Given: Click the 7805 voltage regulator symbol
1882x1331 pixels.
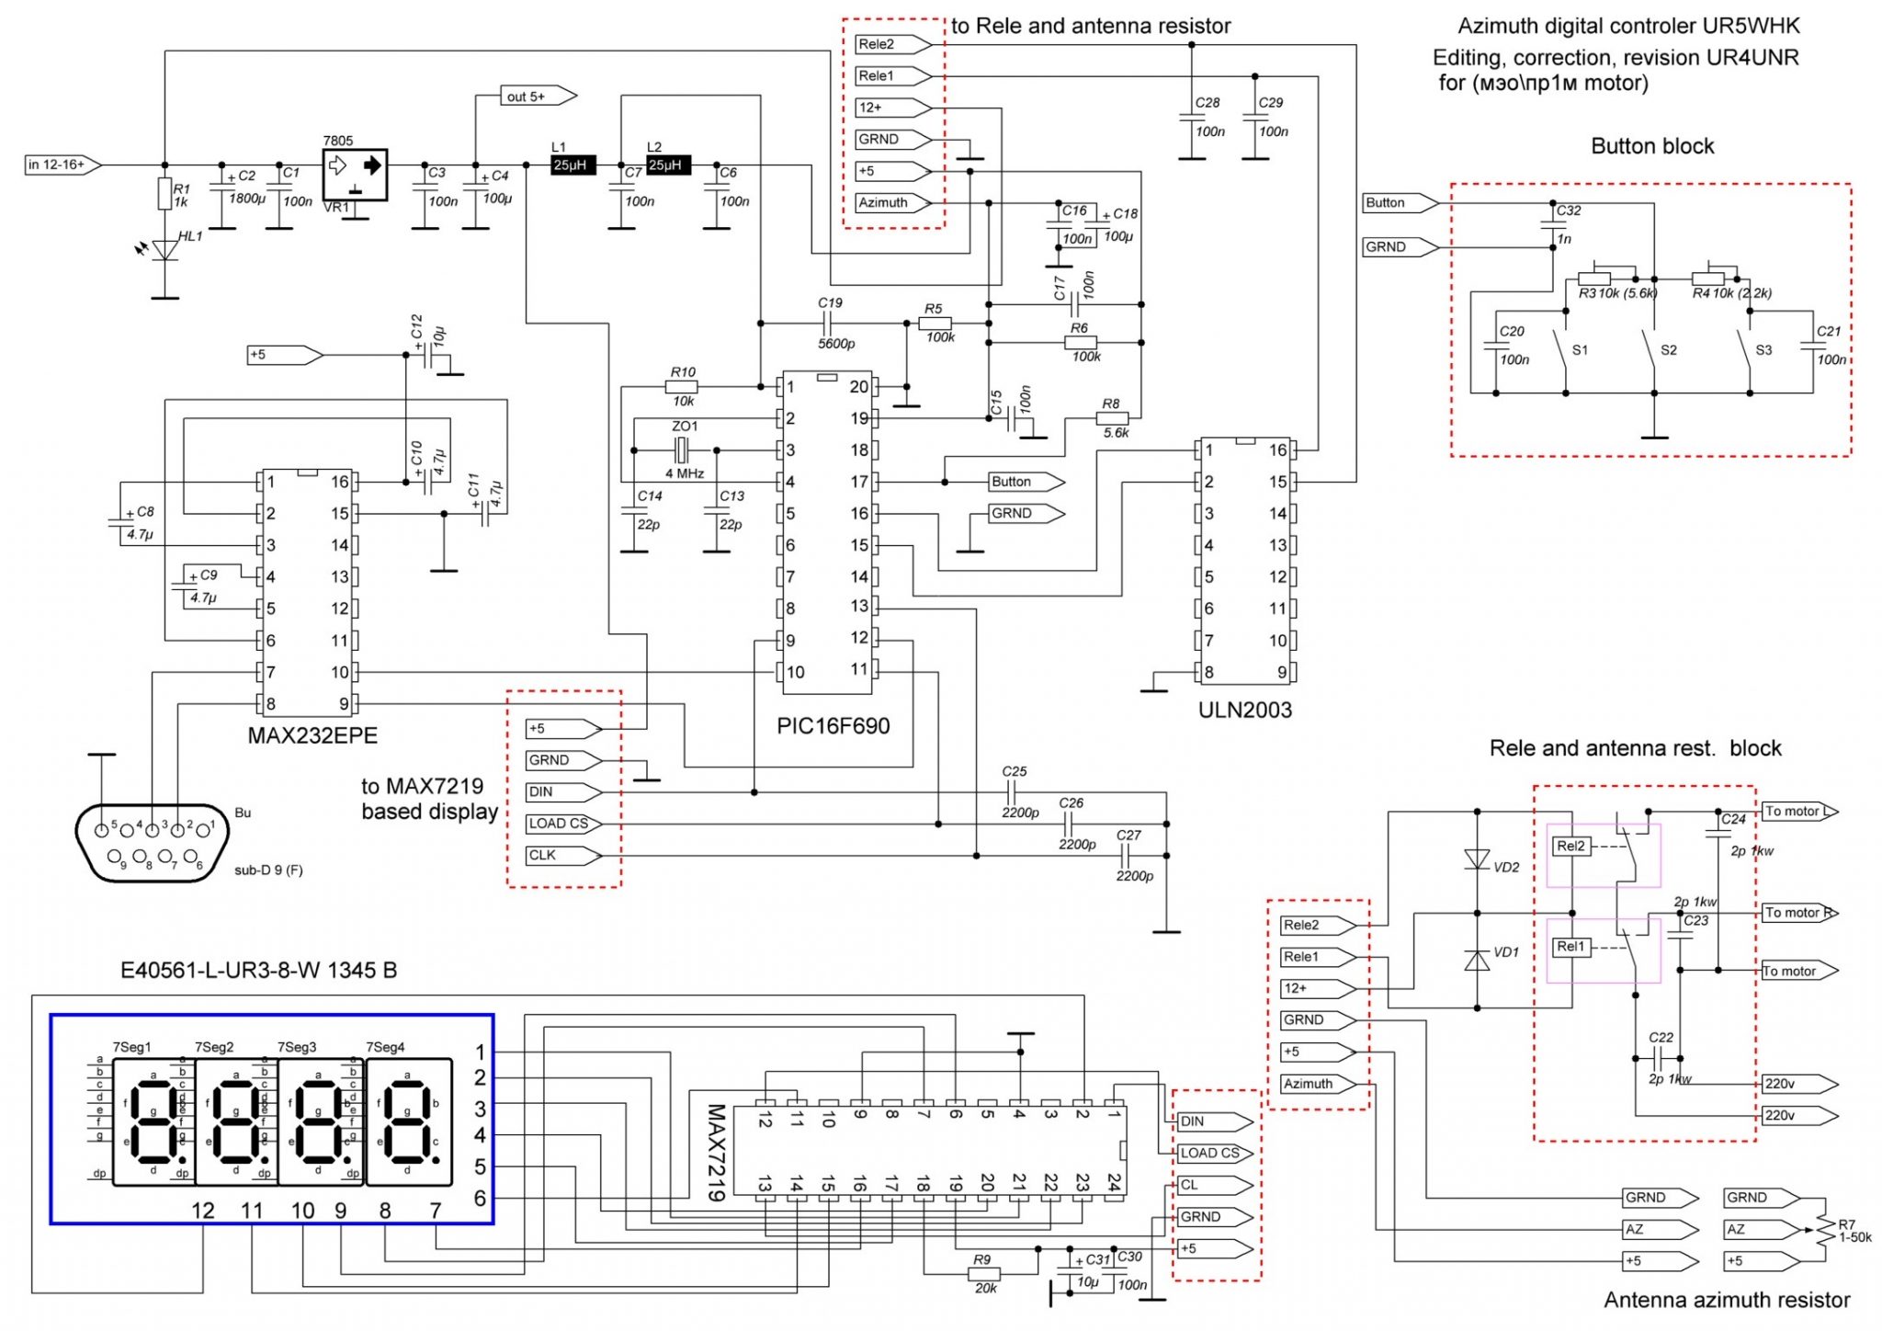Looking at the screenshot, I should pos(355,173).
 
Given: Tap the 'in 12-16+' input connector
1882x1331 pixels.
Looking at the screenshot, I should pos(60,165).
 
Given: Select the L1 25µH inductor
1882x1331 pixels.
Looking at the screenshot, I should pos(573,165).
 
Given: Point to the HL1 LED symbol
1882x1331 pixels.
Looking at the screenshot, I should pos(165,249).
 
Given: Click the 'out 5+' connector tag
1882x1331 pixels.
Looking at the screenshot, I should pos(537,96).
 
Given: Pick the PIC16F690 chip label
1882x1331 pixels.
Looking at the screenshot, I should pos(833,726).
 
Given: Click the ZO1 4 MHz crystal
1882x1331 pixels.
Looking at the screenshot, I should pos(682,450).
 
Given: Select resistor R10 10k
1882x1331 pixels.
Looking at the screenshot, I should pos(681,387).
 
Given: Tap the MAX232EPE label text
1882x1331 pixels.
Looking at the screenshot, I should pos(312,735).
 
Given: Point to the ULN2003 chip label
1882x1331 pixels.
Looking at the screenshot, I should pos(1244,710).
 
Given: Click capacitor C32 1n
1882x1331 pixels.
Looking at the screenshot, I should pos(1553,223).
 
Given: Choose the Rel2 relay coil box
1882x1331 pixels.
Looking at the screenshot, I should pos(1570,846).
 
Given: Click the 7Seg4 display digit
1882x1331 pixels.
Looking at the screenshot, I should pos(409,1121).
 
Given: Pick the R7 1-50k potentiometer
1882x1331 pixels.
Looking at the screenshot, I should pos(1823,1229).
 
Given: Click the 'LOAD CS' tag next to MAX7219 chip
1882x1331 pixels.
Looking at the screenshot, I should pos(1212,1153).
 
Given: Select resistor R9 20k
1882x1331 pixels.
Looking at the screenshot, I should pos(984,1274).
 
